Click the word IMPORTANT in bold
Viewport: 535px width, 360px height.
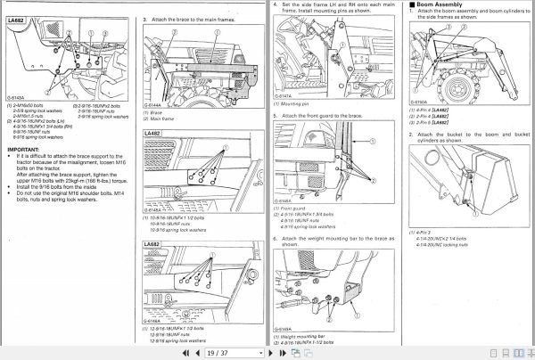pos(23,148)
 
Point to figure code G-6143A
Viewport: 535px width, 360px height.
pos(17,99)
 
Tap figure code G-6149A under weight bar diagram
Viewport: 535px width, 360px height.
pos(283,328)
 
